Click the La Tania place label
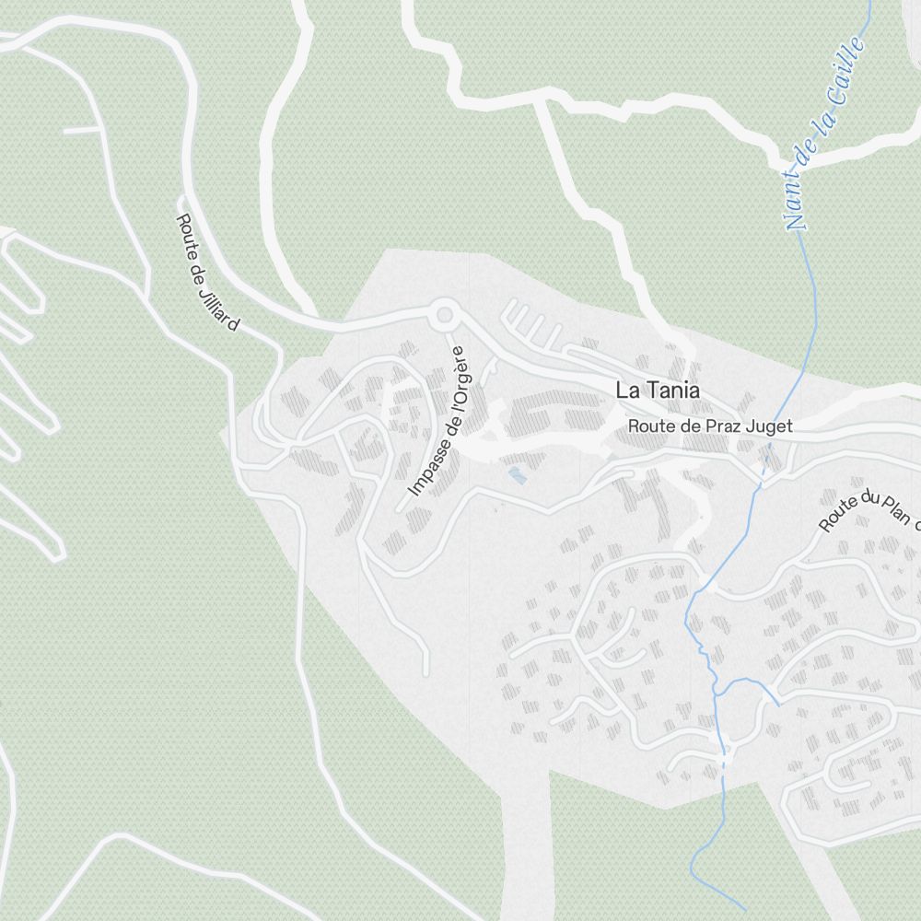click(x=657, y=391)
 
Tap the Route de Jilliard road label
click(x=207, y=273)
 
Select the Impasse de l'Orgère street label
click(x=439, y=421)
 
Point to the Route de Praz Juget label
click(x=710, y=426)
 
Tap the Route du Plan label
click(x=870, y=511)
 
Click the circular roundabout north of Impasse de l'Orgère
click(x=445, y=316)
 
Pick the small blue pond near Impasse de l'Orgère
click(x=517, y=475)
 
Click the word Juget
click(x=771, y=426)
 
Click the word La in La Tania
click(x=626, y=391)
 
